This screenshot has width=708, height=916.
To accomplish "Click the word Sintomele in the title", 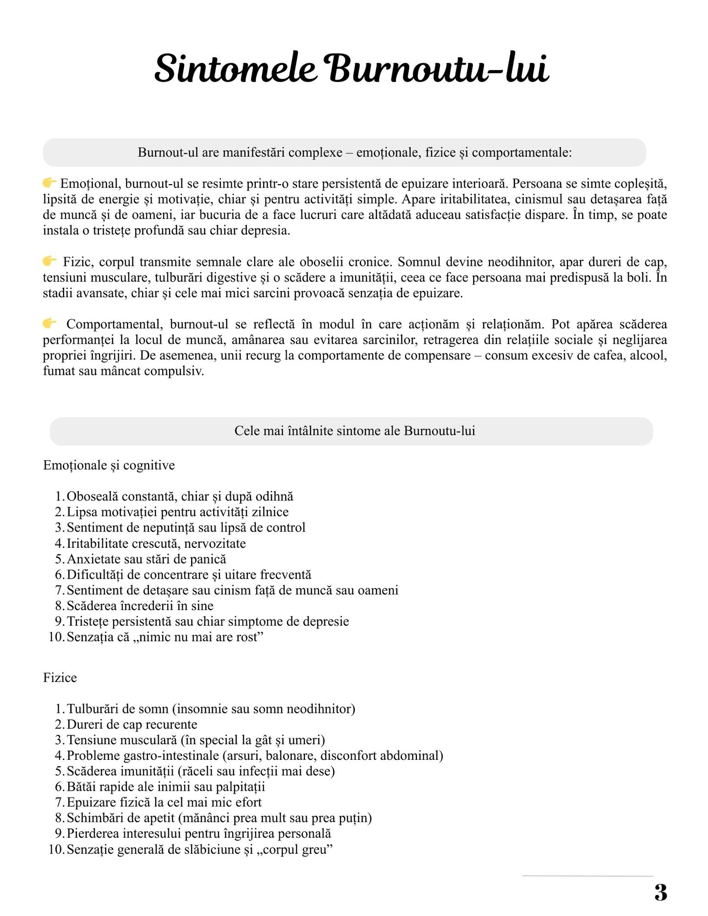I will pos(235,69).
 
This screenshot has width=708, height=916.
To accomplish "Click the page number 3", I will pos(660,893).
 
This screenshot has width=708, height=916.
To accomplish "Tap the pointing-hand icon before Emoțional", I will pos(49,183).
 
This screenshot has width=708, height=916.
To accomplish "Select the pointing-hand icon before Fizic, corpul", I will pos(49,261).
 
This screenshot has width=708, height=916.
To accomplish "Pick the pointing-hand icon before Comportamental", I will pos(49,323).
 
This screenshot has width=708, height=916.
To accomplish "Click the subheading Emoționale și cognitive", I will pos(109,465).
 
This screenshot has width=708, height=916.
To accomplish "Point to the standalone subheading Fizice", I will pos(60,678).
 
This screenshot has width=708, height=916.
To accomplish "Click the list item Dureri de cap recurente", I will pos(132,725).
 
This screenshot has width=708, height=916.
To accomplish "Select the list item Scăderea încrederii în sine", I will pos(140,606).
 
